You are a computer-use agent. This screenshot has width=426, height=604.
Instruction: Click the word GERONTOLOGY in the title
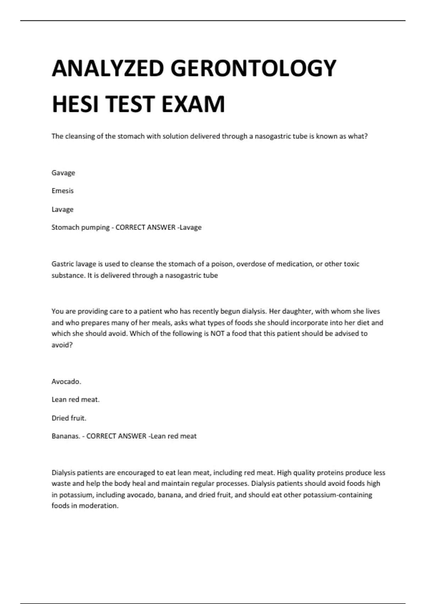pyautogui.click(x=253, y=68)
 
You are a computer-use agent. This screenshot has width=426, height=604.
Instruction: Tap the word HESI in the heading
pyautogui.click(x=75, y=104)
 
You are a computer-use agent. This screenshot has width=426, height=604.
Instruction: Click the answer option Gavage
pyautogui.click(x=63, y=173)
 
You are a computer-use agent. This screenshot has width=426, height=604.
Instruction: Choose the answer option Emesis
pyautogui.click(x=62, y=191)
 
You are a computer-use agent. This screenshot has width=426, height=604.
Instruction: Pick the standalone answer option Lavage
pyautogui.click(x=62, y=210)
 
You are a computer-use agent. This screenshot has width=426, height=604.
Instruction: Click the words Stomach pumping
pyautogui.click(x=80, y=227)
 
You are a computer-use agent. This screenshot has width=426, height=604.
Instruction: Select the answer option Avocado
pyautogui.click(x=66, y=382)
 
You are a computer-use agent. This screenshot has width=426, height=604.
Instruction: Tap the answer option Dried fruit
pyautogui.click(x=69, y=418)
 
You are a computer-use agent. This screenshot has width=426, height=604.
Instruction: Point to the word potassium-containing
pyautogui.click(x=338, y=495)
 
